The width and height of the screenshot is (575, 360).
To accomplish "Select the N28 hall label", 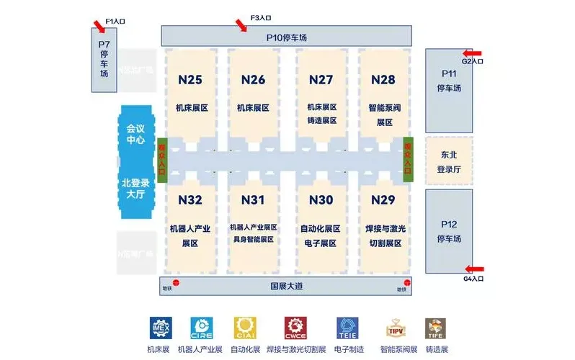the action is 383,78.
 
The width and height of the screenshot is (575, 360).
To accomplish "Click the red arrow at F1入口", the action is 98,27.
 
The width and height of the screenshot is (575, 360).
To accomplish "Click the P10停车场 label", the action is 285,35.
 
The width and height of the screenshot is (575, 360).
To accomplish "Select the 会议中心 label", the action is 135,133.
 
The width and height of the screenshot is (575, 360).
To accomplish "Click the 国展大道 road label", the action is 286,286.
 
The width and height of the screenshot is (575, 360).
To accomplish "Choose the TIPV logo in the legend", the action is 393,328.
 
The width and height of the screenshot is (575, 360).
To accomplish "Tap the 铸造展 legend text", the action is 437,350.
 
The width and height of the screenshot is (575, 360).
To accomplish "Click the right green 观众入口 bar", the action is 408,159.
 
